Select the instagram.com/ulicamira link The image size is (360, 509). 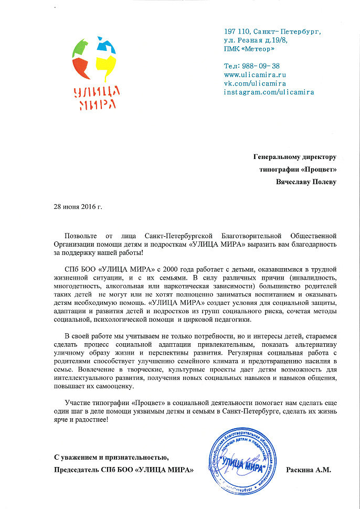[269, 92]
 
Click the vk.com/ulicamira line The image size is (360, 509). [255, 83]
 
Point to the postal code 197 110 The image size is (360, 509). [235, 31]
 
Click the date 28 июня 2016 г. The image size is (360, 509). [78, 206]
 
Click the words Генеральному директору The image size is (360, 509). [294, 156]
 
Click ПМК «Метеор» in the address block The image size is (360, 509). [249, 49]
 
